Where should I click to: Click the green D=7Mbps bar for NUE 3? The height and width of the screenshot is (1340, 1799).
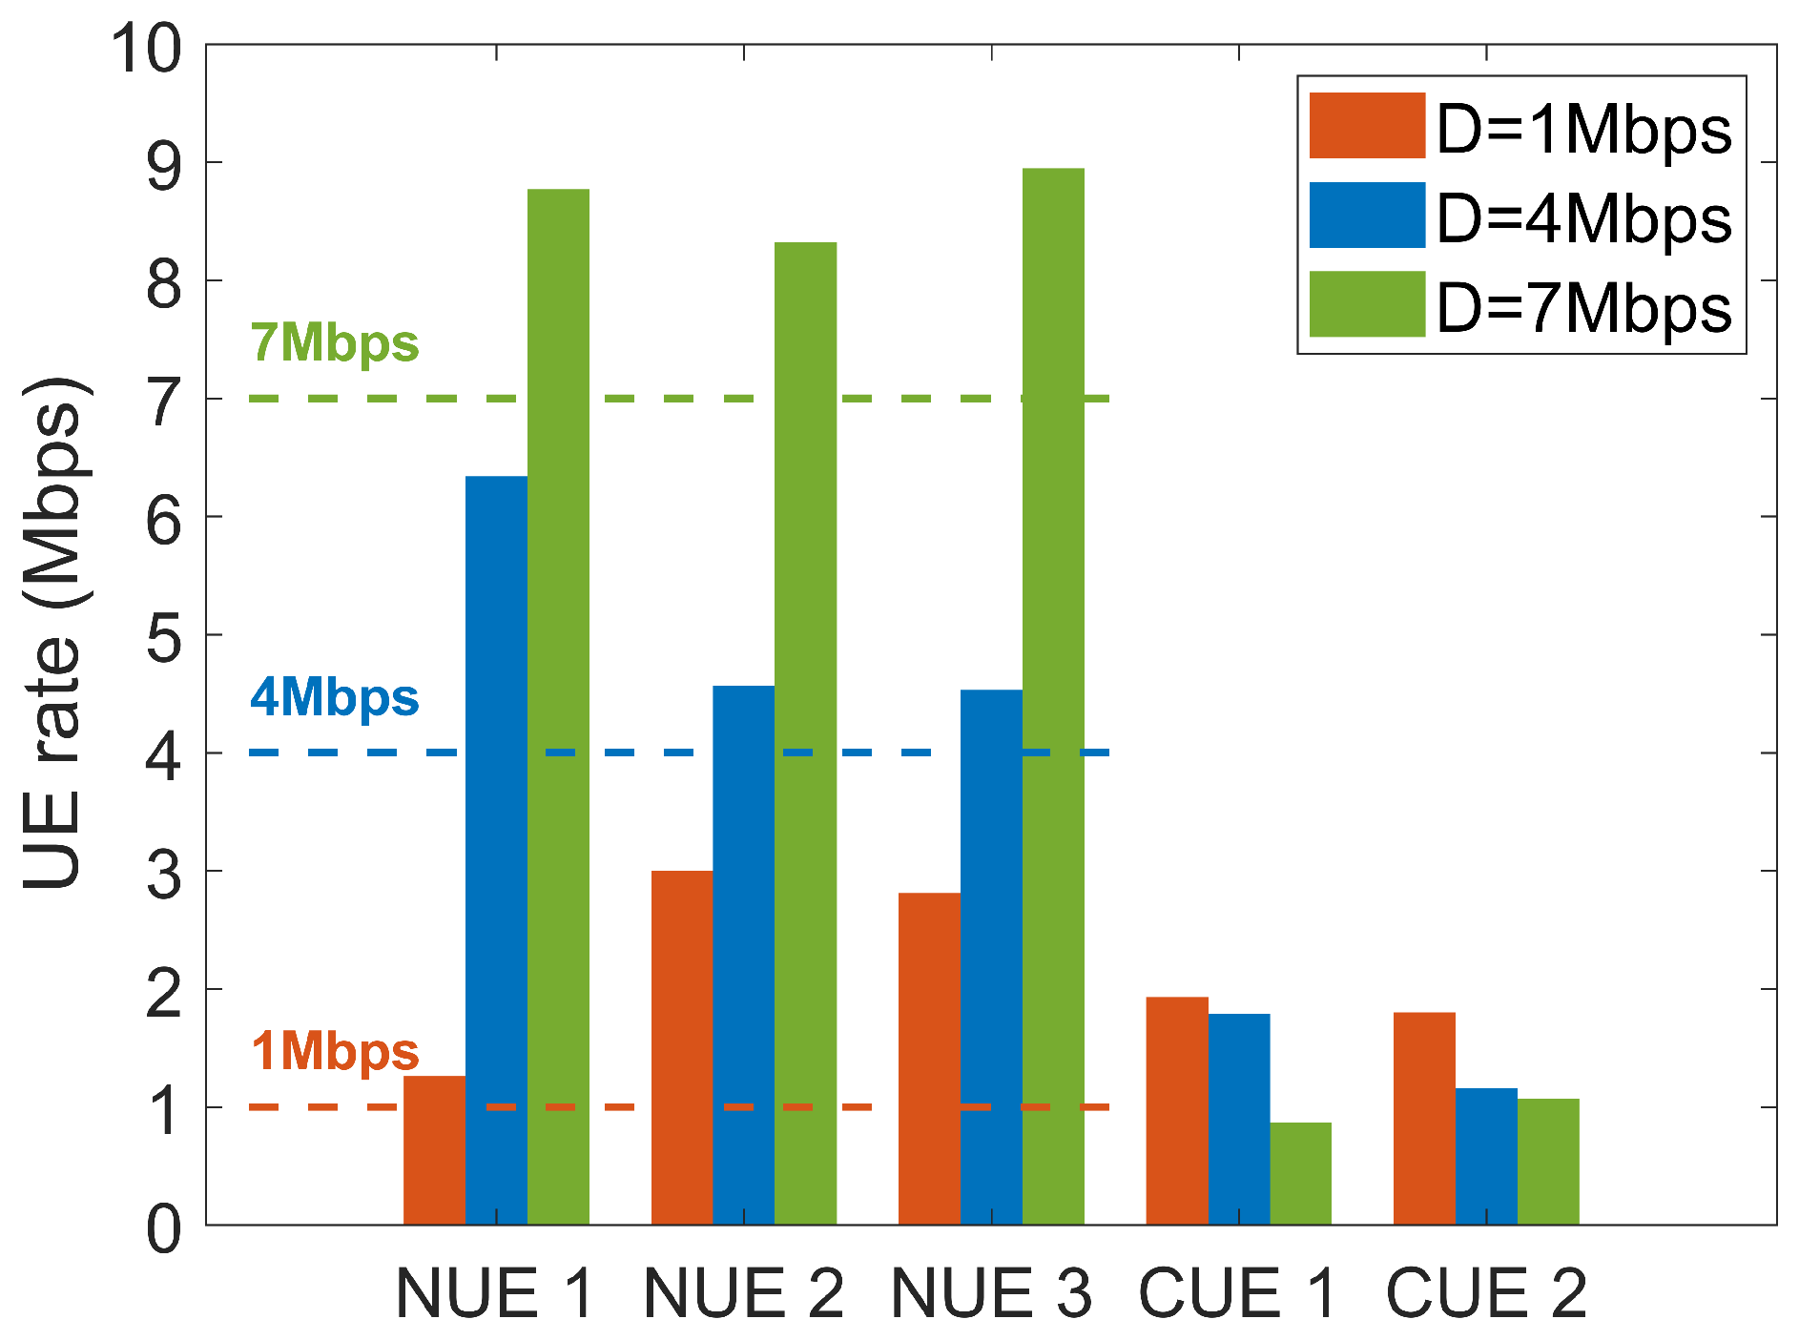pyautogui.click(x=1053, y=696)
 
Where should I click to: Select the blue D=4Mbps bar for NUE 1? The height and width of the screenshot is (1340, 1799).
pyautogui.click(x=496, y=849)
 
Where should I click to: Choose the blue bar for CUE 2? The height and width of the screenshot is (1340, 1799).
pyautogui.click(x=1486, y=1156)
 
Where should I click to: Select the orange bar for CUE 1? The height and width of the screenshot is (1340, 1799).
pyautogui.click(x=1177, y=1110)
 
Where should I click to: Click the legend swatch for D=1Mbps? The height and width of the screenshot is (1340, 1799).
pyautogui.click(x=1366, y=125)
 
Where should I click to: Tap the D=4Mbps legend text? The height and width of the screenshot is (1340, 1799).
pyautogui.click(x=1583, y=218)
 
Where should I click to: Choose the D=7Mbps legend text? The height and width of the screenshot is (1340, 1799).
pyautogui.click(x=1583, y=307)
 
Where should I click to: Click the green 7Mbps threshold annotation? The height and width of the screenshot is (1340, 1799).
pyautogui.click(x=335, y=343)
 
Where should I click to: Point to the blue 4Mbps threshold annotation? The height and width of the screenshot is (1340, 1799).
pyautogui.click(x=335, y=698)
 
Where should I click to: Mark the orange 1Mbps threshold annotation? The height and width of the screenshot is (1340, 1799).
pyautogui.click(x=335, y=1052)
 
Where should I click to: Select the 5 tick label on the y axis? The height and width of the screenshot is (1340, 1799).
pyautogui.click(x=164, y=637)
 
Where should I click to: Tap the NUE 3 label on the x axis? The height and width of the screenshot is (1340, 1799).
pyautogui.click(x=991, y=1294)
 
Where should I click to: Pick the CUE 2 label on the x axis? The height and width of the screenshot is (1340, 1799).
pyautogui.click(x=1486, y=1294)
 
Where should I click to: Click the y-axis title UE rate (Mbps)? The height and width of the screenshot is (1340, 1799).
pyautogui.click(x=55, y=634)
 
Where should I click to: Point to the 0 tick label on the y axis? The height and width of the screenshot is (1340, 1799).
pyautogui.click(x=164, y=1229)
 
